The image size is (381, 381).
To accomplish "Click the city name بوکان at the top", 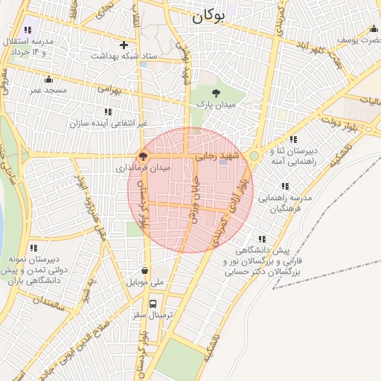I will point(207,17).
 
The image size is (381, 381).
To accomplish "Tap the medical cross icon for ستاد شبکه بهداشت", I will point(124,45).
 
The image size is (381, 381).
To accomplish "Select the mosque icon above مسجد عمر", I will point(49,79).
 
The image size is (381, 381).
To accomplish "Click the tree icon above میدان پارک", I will point(216,93).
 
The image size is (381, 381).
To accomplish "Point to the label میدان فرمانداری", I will point(143,169).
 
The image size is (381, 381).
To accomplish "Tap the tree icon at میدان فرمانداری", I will point(142,157).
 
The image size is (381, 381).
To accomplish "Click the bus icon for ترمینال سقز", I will point(153,304).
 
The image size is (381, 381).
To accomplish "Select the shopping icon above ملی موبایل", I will point(144,271).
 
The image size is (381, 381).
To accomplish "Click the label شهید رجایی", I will point(216,157).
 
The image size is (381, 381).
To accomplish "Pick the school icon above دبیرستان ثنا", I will point(293,139).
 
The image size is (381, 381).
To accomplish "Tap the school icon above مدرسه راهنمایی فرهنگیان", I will point(284,186).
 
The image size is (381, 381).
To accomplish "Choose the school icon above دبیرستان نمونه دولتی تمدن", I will point(33,248).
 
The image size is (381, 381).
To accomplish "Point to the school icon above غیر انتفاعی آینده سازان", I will point(108,112).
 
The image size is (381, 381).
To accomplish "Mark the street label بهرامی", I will point(108,89).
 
